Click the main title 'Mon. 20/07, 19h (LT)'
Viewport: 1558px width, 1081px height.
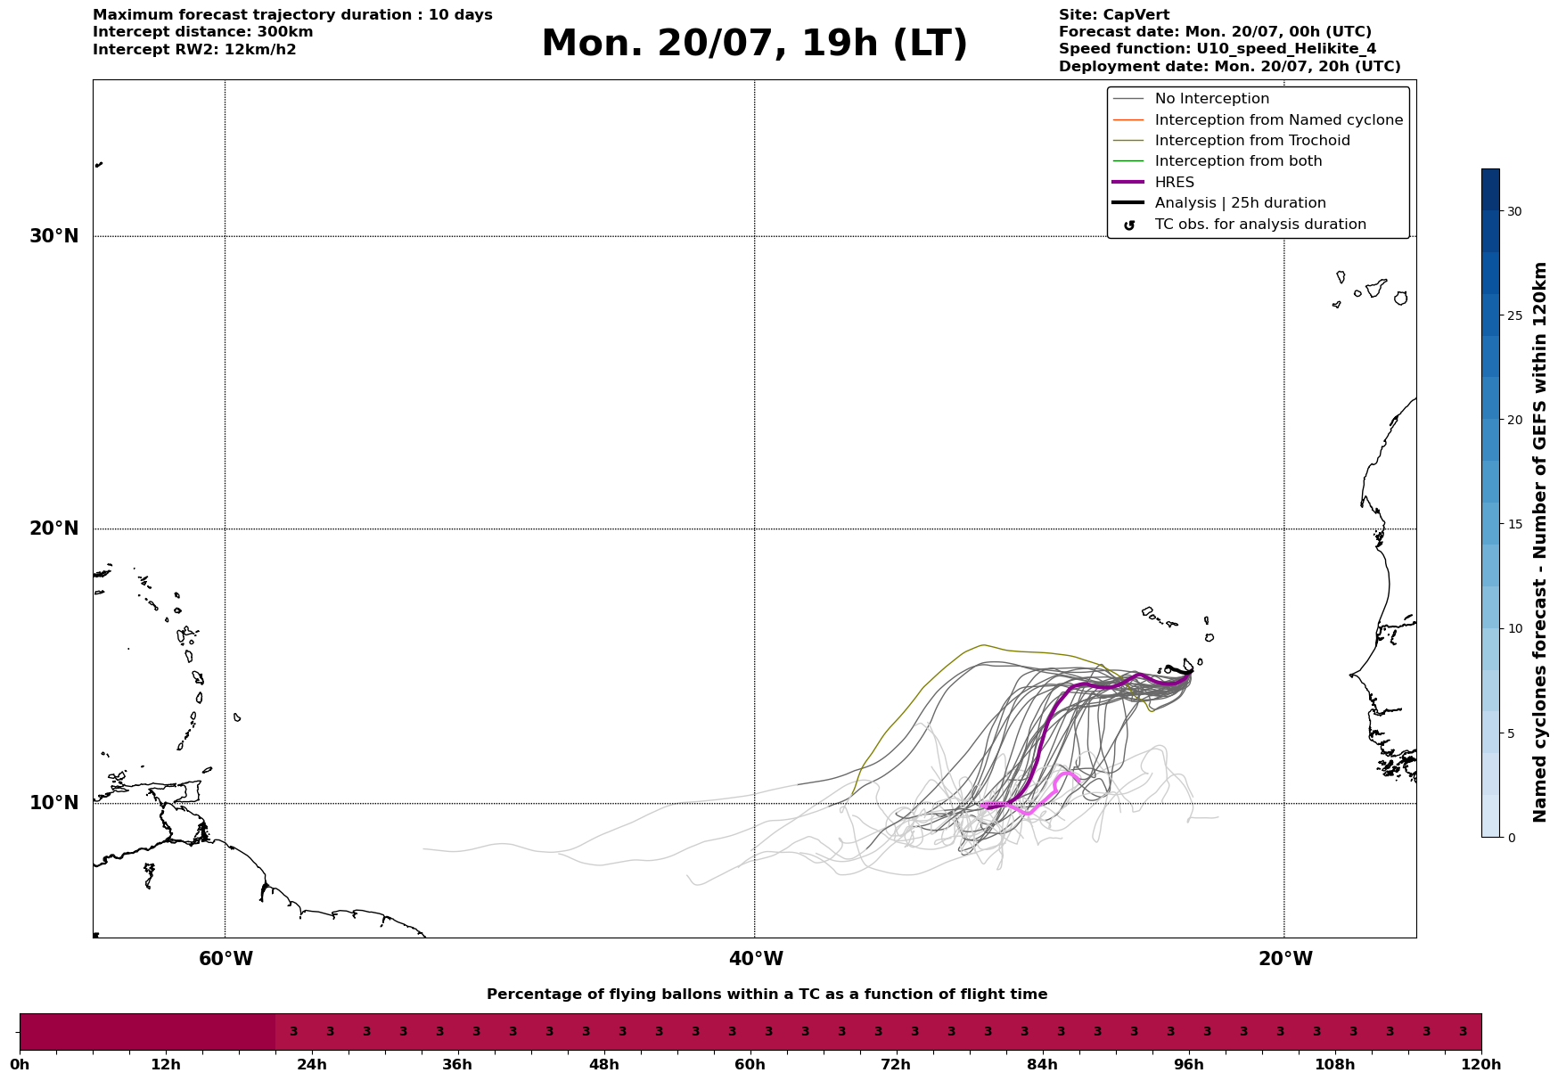[754, 44]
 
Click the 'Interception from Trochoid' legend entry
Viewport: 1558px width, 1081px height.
[1231, 141]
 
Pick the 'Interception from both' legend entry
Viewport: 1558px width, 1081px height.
[1218, 161]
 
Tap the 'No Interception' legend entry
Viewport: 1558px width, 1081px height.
[1191, 99]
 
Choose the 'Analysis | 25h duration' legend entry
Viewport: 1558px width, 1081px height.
[1219, 203]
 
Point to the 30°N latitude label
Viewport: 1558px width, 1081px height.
[54, 236]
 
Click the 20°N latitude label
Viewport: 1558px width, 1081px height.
[54, 528]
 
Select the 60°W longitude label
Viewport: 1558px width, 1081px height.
[225, 959]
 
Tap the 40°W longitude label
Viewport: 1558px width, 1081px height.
[756, 959]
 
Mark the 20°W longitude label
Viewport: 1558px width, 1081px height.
[1285, 959]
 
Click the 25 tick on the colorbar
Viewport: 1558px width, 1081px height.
[1514, 315]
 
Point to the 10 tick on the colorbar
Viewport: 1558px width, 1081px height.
[1514, 628]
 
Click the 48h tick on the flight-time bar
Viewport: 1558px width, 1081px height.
[603, 1065]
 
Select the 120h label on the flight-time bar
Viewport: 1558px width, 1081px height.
[1481, 1065]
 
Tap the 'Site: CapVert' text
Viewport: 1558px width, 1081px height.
[1114, 15]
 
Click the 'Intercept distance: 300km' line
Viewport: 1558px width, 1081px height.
[203, 32]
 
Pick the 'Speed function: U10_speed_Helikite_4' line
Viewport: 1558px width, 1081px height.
[1218, 49]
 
